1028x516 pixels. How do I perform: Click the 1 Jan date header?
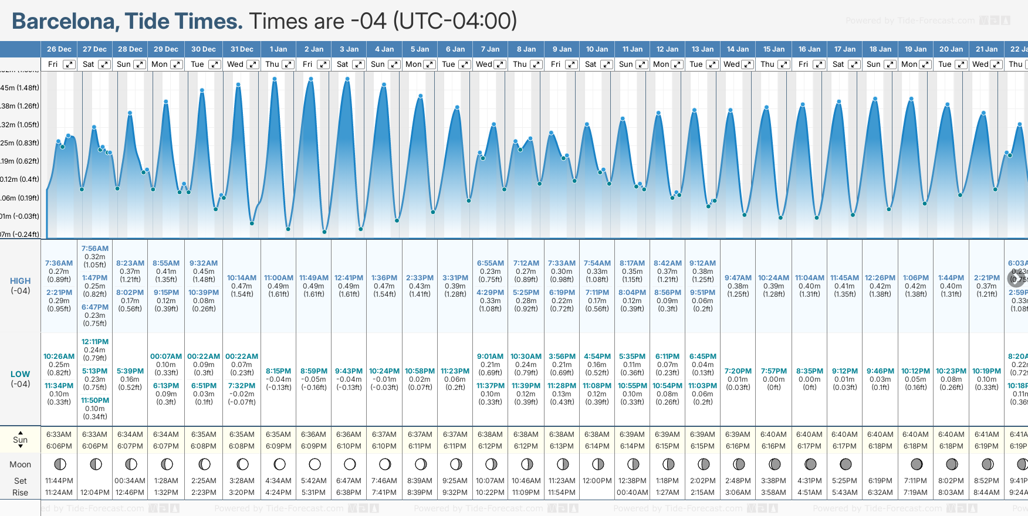point(278,49)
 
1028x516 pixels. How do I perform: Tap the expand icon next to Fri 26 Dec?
point(69,64)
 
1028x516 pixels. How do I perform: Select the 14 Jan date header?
point(738,49)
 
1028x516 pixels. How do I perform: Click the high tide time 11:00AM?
point(279,278)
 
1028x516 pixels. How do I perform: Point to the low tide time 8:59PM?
point(314,371)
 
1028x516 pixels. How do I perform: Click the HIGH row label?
point(20,281)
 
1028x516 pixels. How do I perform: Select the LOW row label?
point(20,374)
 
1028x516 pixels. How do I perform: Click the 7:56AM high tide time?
point(95,249)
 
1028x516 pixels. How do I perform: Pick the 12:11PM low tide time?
point(95,342)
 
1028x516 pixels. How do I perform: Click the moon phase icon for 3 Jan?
point(350,464)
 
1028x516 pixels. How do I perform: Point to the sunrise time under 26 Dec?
point(59,434)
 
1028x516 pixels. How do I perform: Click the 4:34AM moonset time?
point(278,481)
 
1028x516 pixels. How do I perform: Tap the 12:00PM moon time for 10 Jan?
point(597,481)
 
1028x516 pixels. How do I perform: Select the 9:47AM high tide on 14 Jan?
point(738,278)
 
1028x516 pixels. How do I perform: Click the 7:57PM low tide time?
point(774,371)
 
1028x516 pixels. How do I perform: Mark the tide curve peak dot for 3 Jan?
point(348,79)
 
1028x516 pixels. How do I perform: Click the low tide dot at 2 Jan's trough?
point(324,232)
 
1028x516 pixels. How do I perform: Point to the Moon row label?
point(20,464)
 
